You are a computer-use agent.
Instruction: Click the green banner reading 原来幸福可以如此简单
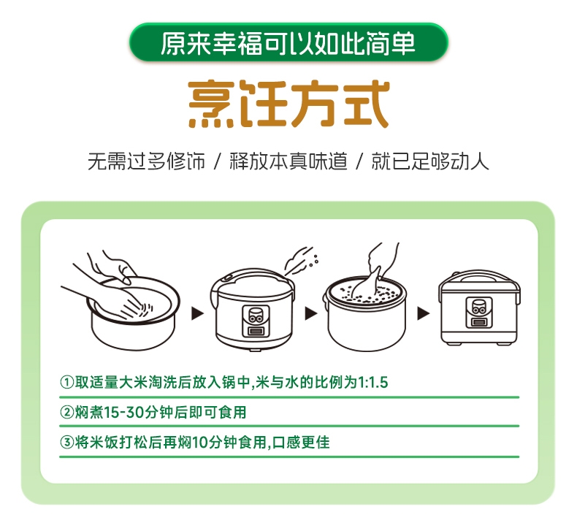[288, 42]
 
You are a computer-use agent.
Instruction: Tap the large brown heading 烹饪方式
[289, 104]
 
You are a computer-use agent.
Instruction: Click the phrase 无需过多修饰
[147, 161]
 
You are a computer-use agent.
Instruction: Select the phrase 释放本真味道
[288, 161]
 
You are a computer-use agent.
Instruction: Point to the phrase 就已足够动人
[430, 161]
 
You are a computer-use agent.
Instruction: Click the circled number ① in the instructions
[66, 382]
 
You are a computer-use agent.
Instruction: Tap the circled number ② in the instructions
[66, 412]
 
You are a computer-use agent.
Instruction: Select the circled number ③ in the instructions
[66, 442]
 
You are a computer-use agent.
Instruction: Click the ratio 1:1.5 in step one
[372, 382]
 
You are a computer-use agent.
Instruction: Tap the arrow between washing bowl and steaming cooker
[198, 313]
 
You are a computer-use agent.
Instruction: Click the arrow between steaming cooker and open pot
[311, 313]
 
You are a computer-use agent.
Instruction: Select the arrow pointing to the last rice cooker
[423, 313]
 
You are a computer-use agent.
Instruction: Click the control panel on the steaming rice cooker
[256, 321]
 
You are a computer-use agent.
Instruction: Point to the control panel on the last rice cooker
[478, 313]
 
